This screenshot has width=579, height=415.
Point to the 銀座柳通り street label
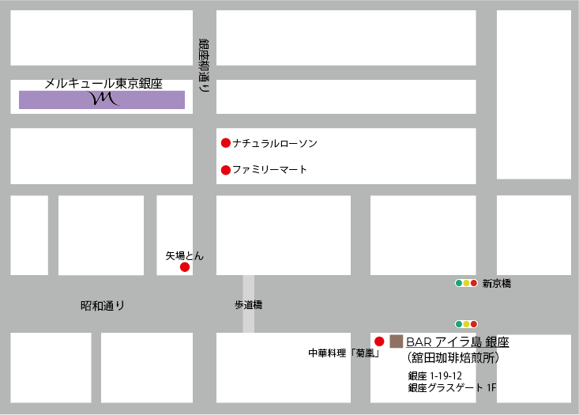click(x=204, y=66)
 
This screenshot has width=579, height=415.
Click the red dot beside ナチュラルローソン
click(x=225, y=143)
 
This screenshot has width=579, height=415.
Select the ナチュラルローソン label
click(x=275, y=143)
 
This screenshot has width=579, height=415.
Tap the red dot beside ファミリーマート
click(x=225, y=169)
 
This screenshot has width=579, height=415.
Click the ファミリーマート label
click(x=269, y=169)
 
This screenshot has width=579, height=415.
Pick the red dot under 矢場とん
click(x=185, y=267)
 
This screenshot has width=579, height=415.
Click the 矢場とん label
click(x=184, y=255)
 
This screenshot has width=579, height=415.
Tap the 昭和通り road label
click(x=103, y=305)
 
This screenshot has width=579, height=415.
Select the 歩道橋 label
click(x=247, y=304)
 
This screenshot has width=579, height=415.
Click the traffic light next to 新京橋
click(x=466, y=283)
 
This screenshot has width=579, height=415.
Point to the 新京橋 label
click(x=496, y=283)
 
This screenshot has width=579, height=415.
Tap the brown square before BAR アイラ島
click(x=396, y=341)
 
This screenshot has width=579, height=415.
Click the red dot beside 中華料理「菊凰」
click(x=379, y=341)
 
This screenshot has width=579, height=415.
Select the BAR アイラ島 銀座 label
click(x=457, y=341)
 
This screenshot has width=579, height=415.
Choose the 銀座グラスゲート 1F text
click(x=453, y=387)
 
